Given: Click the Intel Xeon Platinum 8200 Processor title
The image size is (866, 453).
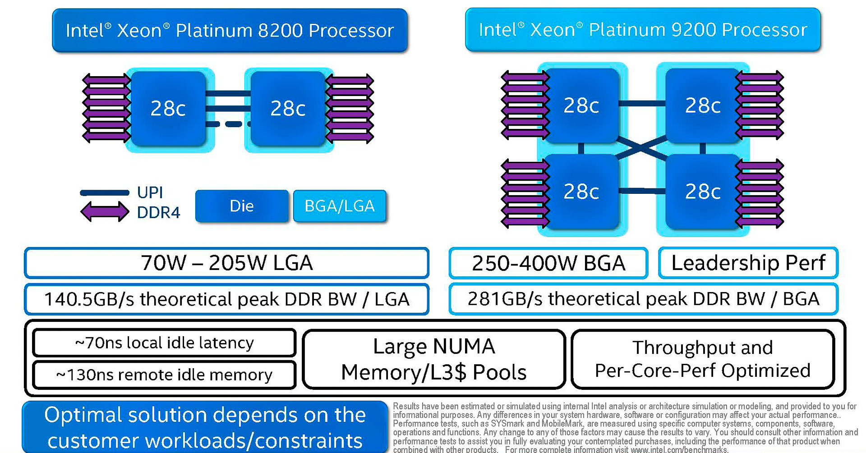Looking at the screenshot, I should tap(230, 31).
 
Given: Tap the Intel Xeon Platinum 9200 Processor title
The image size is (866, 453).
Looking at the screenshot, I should tap(643, 30).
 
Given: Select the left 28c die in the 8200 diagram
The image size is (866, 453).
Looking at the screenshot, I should tap(168, 109).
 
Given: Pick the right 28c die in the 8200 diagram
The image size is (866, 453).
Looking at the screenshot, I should tap(288, 109).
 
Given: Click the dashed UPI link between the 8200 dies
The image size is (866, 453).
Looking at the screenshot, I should tap(228, 124).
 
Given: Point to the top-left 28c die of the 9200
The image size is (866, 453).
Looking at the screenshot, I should tap(581, 105).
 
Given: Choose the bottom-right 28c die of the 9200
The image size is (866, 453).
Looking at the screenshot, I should tap(702, 192).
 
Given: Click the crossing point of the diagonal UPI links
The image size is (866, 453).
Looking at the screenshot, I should tap(641, 147).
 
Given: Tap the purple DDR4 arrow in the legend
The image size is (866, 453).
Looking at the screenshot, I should tap(105, 211).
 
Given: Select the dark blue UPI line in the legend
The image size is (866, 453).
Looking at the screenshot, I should tap(105, 193).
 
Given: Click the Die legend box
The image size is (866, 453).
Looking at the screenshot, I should tap(242, 206).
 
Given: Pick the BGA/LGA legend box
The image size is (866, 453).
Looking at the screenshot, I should tap(340, 206).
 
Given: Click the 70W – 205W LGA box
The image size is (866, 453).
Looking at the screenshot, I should tap(226, 263).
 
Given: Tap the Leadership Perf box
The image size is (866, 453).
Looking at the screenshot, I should tap(748, 263).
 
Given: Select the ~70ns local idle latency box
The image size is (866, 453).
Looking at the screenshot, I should tap(164, 343).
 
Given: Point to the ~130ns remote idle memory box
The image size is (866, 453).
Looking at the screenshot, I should tap(164, 375).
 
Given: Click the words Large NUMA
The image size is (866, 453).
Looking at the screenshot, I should tap(434, 347).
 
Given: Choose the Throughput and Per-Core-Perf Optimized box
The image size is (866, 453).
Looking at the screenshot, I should tap(702, 359).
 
